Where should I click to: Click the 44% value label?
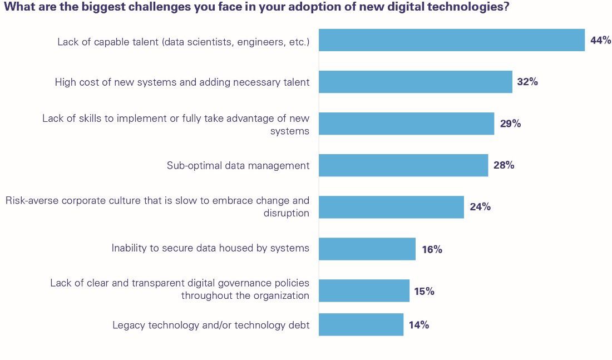(x=600, y=40)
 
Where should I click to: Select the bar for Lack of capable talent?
(x=452, y=40)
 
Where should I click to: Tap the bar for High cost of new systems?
(x=415, y=82)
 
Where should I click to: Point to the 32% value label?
(x=527, y=82)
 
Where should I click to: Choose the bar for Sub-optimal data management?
(x=403, y=165)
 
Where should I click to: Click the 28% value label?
(x=504, y=165)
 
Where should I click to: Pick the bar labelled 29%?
(x=406, y=124)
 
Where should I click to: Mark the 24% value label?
(x=480, y=207)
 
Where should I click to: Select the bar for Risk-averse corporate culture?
(x=391, y=207)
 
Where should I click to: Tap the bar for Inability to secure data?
(x=367, y=249)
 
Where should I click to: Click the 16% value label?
(x=432, y=249)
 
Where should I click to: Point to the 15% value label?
(x=424, y=291)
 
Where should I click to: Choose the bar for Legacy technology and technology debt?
(x=361, y=325)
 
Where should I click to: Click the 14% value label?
(x=418, y=325)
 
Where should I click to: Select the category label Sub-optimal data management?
(x=238, y=165)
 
